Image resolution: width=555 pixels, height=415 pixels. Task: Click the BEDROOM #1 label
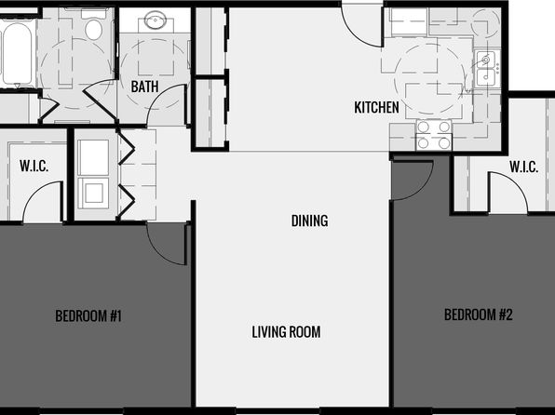88,316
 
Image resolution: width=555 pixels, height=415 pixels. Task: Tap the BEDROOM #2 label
479,315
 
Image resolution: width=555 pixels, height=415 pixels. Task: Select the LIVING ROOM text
287,332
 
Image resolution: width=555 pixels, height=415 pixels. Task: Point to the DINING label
310,221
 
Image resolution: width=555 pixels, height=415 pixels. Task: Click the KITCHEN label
376,107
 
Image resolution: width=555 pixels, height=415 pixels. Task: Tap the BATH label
144,87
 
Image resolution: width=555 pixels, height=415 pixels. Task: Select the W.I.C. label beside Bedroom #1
34,166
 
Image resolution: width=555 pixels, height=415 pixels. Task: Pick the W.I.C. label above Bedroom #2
524,167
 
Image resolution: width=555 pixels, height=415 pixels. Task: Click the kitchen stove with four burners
434,135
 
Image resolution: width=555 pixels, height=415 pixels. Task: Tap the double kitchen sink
487,68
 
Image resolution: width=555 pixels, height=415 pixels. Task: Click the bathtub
17,53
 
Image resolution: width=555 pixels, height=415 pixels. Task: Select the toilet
93,24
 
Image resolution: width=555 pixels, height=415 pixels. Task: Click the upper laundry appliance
93,157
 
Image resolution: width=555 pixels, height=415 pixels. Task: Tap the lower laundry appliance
93,194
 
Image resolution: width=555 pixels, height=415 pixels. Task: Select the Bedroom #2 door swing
413,181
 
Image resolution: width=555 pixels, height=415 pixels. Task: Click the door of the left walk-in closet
43,202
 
